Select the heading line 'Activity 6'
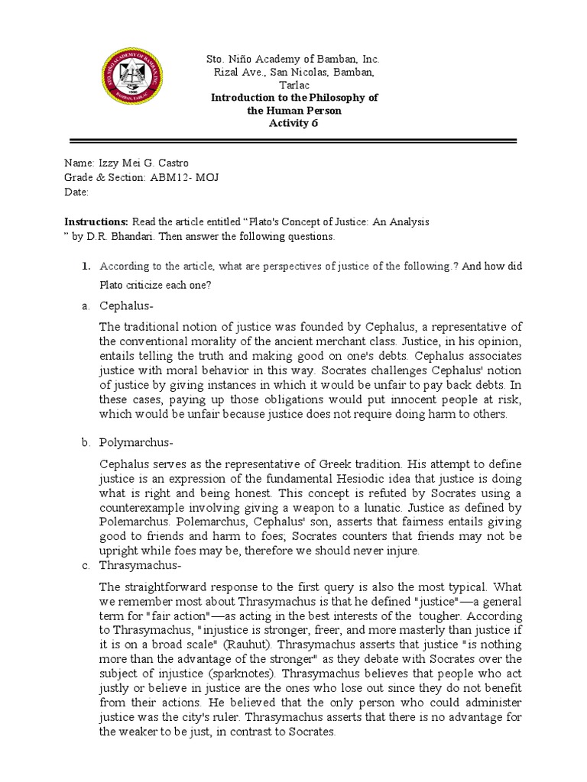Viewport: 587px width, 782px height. (294, 124)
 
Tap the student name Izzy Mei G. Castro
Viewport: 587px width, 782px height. (143, 163)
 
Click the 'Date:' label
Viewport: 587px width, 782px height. (76, 192)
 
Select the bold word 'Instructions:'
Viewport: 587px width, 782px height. (96, 221)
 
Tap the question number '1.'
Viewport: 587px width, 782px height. (86, 266)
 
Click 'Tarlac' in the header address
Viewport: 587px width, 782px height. (294, 85)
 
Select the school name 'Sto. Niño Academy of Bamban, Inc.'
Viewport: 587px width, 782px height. (294, 59)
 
